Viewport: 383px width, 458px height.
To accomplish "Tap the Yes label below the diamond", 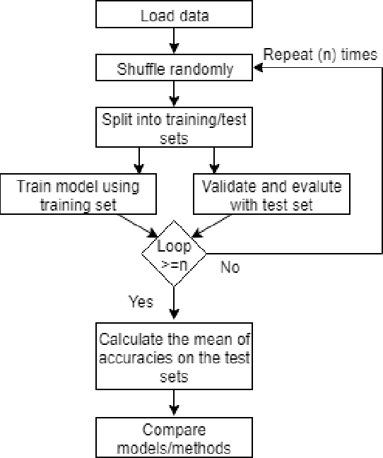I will (x=141, y=302).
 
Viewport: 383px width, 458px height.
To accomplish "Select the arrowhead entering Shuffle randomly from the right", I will (x=258, y=69).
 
